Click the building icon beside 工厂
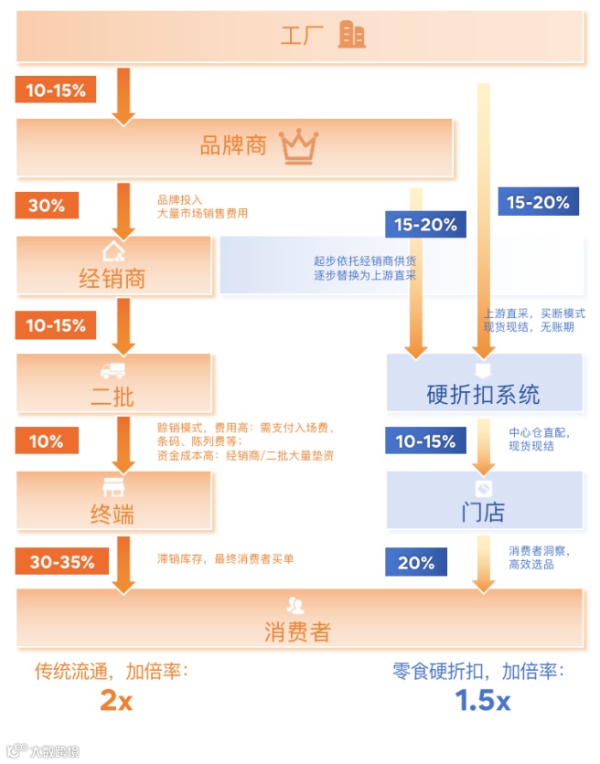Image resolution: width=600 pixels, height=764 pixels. [351, 36]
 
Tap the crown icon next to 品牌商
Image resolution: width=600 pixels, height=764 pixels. [299, 145]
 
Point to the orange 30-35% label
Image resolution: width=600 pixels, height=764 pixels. [61, 561]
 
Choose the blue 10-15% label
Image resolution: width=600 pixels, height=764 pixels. [425, 441]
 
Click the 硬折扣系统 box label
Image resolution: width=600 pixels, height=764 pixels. [484, 394]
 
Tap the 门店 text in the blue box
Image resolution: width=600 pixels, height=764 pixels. [483, 512]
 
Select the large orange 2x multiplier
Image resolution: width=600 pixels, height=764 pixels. [116, 701]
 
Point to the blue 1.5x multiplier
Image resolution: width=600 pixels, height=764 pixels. [483, 701]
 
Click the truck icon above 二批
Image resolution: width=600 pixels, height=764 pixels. [112, 370]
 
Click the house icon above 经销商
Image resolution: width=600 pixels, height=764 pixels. [112, 251]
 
